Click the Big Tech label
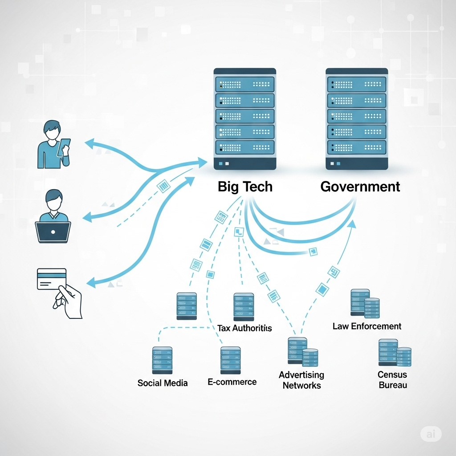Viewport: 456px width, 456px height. pyautogui.click(x=245, y=187)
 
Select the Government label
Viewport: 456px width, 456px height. pyautogui.click(x=360, y=187)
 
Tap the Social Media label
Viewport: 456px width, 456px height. pyautogui.click(x=162, y=383)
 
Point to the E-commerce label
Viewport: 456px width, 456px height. pyautogui.click(x=232, y=382)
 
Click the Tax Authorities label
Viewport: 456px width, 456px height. pyautogui.click(x=244, y=328)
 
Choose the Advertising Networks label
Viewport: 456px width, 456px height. pyautogui.click(x=301, y=380)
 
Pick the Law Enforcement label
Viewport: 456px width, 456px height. pyautogui.click(x=367, y=326)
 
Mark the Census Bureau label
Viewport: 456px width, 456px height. pyautogui.click(x=393, y=380)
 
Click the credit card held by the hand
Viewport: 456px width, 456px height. pyautogui.click(x=52, y=279)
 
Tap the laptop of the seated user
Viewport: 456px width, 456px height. pyautogui.click(x=53, y=232)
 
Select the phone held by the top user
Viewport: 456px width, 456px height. pyautogui.click(x=64, y=147)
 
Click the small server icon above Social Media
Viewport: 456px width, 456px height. pyautogui.click(x=162, y=360)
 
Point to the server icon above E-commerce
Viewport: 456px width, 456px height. pyautogui.click(x=231, y=360)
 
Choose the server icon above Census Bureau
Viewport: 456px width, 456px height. pyautogui.click(x=395, y=353)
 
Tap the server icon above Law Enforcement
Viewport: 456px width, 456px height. pyautogui.click(x=365, y=303)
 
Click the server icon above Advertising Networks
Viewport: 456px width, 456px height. pyautogui.click(x=303, y=352)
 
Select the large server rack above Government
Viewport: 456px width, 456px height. pyautogui.click(x=357, y=119)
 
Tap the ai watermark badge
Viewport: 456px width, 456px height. pyautogui.click(x=431, y=434)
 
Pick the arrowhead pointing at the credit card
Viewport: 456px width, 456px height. pyautogui.click(x=91, y=282)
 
